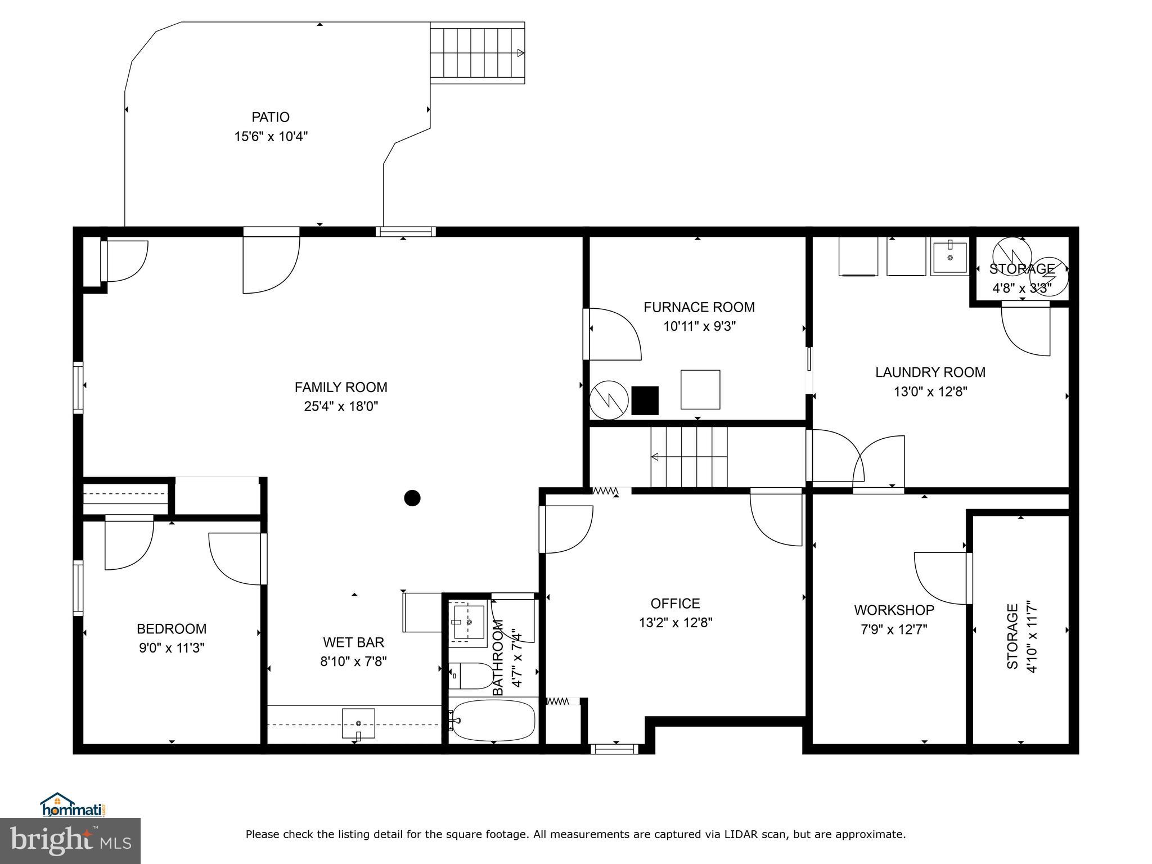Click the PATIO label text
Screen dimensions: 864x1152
pos(271,117)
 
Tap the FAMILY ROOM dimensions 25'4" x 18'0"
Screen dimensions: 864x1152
pos(341,406)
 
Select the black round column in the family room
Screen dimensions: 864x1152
pos(412,498)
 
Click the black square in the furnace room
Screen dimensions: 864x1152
pos(645,400)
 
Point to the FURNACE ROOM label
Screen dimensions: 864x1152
pos(699,307)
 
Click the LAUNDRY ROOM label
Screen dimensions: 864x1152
pos(930,372)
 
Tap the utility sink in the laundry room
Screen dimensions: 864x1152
pos(949,258)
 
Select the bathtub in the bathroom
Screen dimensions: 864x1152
pos(493,721)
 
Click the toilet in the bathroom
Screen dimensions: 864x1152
pos(471,676)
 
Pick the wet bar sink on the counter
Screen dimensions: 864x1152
pos(358,723)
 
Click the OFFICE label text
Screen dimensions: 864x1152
pos(675,604)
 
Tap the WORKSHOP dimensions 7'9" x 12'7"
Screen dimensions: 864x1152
pos(894,629)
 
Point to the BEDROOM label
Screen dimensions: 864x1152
pos(172,629)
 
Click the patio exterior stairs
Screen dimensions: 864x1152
pos(477,53)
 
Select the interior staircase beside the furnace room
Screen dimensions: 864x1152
pos(689,457)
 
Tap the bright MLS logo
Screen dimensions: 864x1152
pos(70,841)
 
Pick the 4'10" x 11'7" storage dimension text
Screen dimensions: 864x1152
pos(1031,636)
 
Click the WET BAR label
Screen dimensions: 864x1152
pos(353,642)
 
